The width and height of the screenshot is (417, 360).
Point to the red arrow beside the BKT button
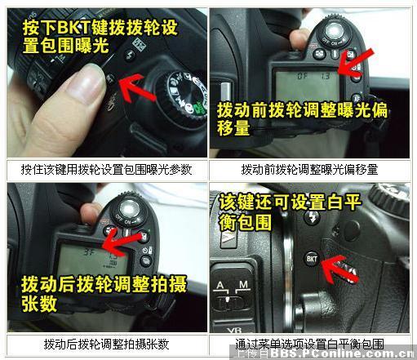pos(342,267)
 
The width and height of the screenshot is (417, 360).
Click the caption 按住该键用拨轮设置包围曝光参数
pos(105,170)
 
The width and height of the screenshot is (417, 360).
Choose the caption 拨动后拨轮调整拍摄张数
pos(105,344)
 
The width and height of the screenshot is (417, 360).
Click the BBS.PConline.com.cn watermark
pos(326,354)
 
